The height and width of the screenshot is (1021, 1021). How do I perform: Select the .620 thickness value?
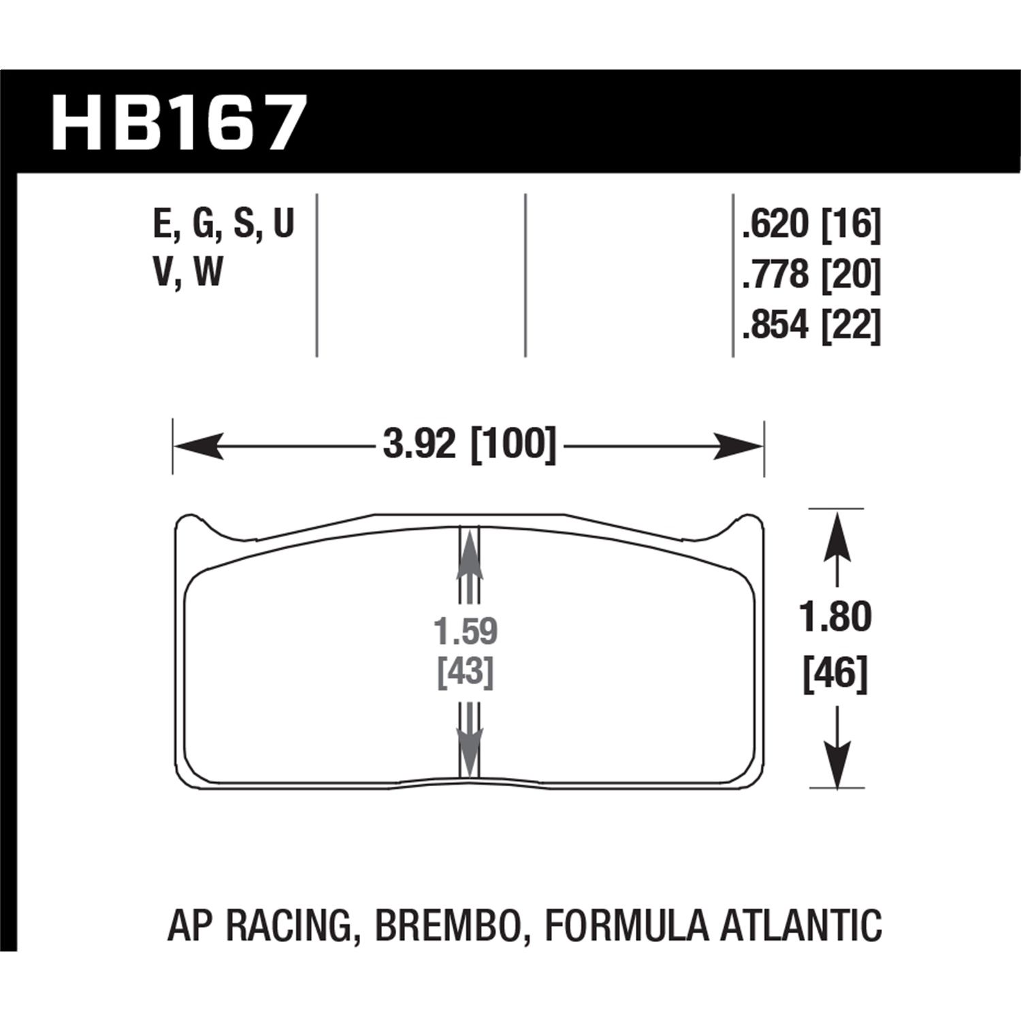point(775,225)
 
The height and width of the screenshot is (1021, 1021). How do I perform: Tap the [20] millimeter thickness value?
point(851,276)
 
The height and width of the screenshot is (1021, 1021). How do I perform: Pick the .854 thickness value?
point(775,325)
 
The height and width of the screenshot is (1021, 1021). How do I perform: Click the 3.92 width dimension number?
point(418,445)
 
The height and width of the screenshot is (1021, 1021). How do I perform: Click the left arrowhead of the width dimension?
point(197,447)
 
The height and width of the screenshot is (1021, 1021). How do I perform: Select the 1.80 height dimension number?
point(835,617)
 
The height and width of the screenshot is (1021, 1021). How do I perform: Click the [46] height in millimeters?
point(835,675)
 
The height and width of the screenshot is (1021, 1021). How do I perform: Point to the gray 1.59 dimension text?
point(466,632)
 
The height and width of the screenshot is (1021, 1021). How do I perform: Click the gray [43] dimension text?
point(466,672)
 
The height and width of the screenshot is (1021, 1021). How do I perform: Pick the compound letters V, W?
point(189,272)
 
